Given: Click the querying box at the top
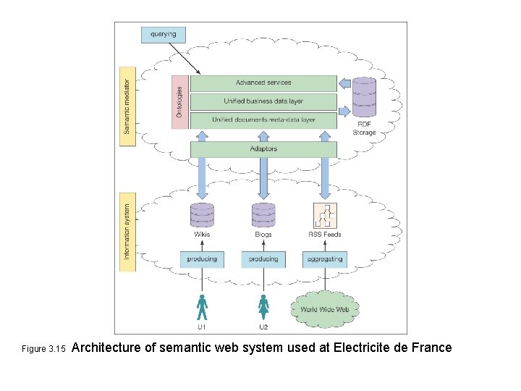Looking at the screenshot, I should pyautogui.click(x=163, y=34).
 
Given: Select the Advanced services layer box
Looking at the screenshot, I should pyautogui.click(x=263, y=83).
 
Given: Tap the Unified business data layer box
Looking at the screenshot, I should pyautogui.click(x=263, y=101).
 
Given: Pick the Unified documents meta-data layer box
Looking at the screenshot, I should pyautogui.click(x=263, y=119).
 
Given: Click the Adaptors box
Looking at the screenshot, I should pyautogui.click(x=263, y=149).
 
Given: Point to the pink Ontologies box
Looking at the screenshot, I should pyautogui.click(x=179, y=102).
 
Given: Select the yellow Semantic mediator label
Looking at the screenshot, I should pyautogui.click(x=127, y=106).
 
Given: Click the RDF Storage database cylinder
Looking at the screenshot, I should pyautogui.click(x=364, y=97).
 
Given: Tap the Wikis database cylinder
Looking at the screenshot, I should pyautogui.click(x=202, y=215).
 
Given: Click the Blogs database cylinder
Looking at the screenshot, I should pyautogui.click(x=263, y=215).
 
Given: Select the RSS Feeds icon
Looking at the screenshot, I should pyautogui.click(x=324, y=216).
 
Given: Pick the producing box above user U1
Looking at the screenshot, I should pyautogui.click(x=202, y=259).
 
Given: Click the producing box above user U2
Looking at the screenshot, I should pyautogui.click(x=263, y=259).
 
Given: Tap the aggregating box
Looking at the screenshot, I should pyautogui.click(x=324, y=259).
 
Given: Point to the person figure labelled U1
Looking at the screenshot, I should pyautogui.click(x=202, y=307).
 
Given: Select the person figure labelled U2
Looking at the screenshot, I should pyautogui.click(x=263, y=307).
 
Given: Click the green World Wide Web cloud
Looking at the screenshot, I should pyautogui.click(x=324, y=309).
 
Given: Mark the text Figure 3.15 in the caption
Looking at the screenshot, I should pyautogui.click(x=43, y=350).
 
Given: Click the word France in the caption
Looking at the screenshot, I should pyautogui.click(x=431, y=348).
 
